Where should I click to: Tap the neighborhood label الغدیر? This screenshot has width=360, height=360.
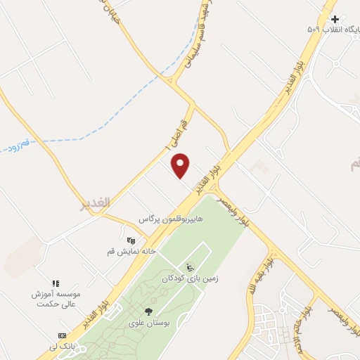[95, 202]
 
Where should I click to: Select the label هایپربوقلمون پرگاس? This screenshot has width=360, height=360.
[171, 219]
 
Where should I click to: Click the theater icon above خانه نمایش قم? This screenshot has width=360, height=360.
[130, 239]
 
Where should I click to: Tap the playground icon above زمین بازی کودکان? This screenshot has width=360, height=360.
[189, 267]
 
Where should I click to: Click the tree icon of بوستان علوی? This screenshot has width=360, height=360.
[148, 311]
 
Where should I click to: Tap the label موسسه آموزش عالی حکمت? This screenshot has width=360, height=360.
[56, 299]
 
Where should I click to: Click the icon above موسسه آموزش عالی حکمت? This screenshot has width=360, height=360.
[56, 283]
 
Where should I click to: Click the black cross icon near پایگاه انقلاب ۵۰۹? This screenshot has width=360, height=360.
[335, 19]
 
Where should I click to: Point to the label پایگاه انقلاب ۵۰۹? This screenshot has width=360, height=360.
[335, 30]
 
